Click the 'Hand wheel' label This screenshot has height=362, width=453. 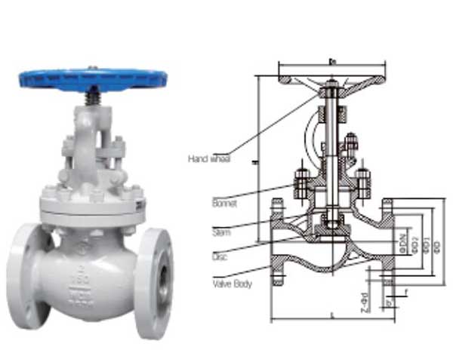(209, 159)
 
